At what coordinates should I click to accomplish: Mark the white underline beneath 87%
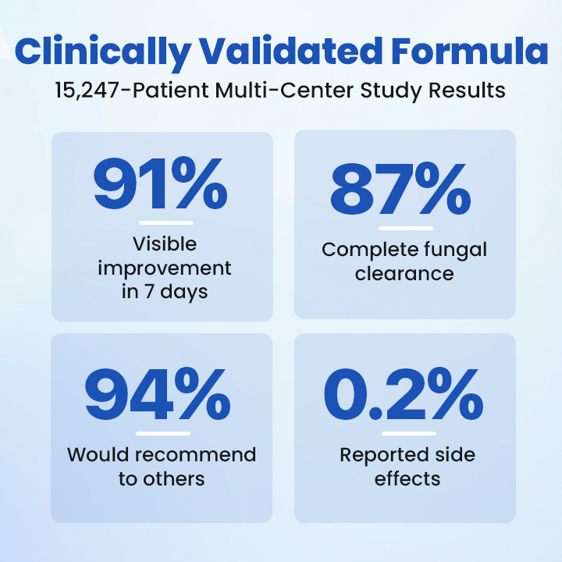pyautogui.click(x=406, y=228)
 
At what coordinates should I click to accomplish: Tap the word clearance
pyautogui.click(x=404, y=274)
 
